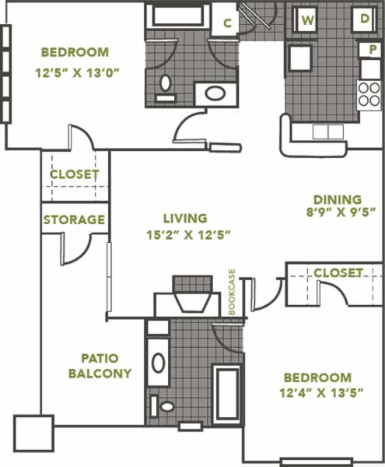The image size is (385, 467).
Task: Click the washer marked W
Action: point(308,19)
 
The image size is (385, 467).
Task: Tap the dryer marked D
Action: point(364,19)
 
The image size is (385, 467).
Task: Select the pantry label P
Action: point(373,50)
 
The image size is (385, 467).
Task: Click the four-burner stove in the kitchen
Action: point(369,95)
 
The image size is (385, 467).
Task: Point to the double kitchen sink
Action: point(328,132)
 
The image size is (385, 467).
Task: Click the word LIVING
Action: point(185,218)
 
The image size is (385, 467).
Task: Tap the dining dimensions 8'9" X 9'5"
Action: point(341,212)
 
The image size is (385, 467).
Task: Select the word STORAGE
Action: point(74,219)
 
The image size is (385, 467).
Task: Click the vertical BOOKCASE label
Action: point(232,292)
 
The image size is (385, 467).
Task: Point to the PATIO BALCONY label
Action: point(100,366)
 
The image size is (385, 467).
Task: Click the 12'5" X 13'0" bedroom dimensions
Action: point(77,72)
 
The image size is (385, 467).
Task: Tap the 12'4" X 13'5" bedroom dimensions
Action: point(321,393)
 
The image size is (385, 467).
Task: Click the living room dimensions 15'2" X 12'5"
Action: point(189,235)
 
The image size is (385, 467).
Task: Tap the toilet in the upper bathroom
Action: point(166,87)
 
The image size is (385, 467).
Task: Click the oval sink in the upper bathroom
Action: point(215,93)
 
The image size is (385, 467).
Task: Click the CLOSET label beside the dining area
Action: point(338,272)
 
